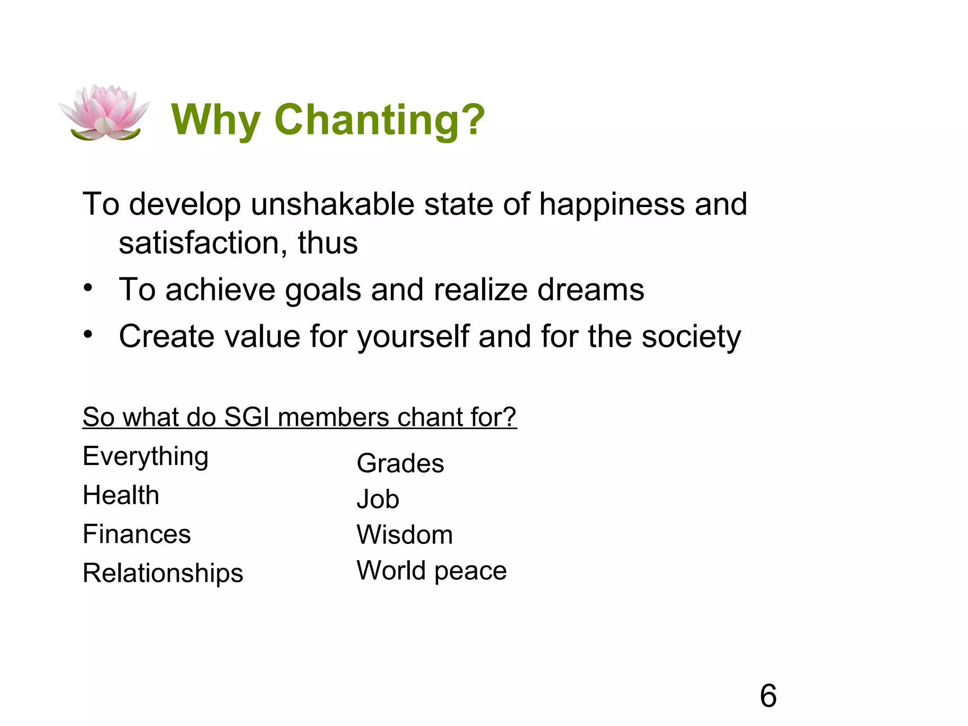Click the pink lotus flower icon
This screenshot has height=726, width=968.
click(x=104, y=113)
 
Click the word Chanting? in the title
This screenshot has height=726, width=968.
click(x=380, y=120)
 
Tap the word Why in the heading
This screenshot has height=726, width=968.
click(x=216, y=120)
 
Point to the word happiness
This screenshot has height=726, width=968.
click(x=612, y=205)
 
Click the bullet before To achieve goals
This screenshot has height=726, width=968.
click(x=88, y=288)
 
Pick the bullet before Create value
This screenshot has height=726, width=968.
click(x=88, y=335)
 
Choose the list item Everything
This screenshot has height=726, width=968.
click(x=146, y=457)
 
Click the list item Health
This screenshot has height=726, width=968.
click(x=121, y=495)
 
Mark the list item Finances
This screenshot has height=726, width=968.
click(x=137, y=534)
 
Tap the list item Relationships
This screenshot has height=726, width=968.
click(x=163, y=573)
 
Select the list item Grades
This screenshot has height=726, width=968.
click(x=400, y=463)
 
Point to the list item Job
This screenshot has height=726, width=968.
click(x=378, y=499)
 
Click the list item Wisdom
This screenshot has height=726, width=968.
click(x=405, y=535)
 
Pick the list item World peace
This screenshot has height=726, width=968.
click(x=432, y=571)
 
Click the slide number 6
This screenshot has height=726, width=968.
click(x=768, y=696)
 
